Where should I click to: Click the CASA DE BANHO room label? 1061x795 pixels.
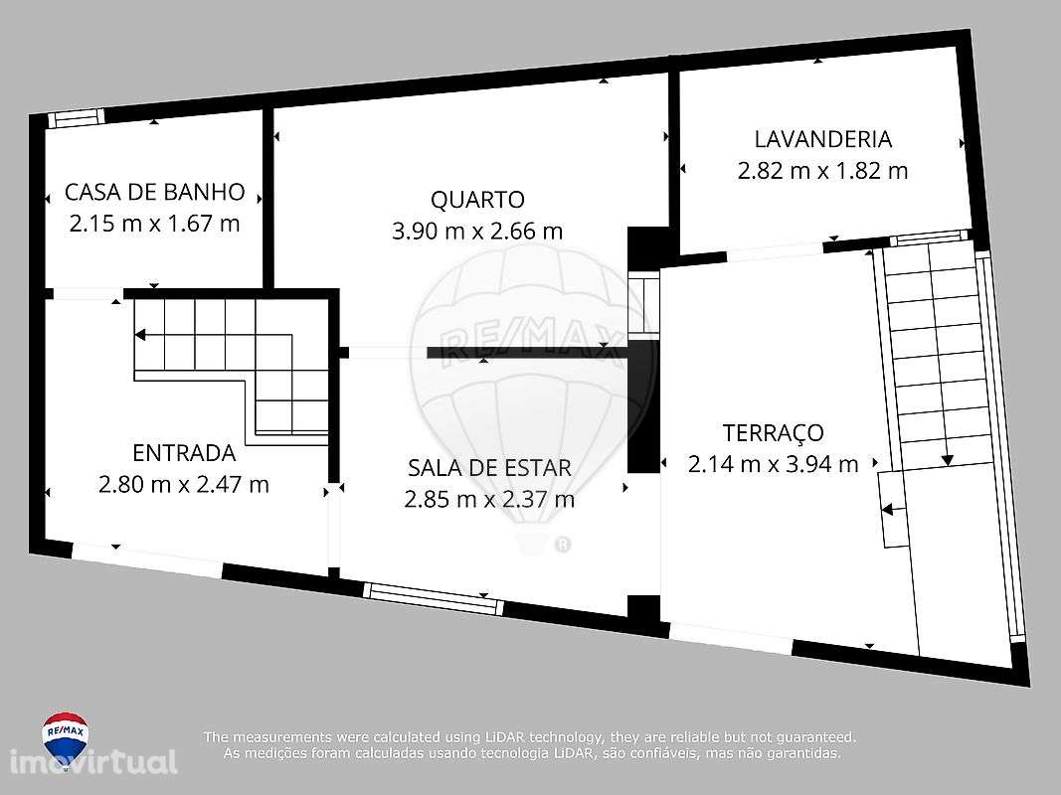[x=154, y=192]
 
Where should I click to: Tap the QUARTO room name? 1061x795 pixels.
[x=477, y=200]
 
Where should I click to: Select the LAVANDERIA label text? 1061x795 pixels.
[x=822, y=139]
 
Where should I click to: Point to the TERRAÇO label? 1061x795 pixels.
[x=773, y=433]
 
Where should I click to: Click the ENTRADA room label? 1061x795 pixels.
[x=184, y=454]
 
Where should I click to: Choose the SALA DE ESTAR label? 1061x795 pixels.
[x=489, y=468]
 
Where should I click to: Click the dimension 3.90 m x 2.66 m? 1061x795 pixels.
[x=477, y=232]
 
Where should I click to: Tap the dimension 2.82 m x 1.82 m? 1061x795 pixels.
[x=822, y=171]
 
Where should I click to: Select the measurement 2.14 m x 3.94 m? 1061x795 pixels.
[x=773, y=464]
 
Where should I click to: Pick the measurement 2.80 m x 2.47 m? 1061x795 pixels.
[x=184, y=485]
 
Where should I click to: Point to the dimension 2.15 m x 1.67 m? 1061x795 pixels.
[x=154, y=224]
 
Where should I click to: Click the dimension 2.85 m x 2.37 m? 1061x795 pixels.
[x=489, y=499]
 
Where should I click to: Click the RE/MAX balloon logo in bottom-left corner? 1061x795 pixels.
[x=65, y=736]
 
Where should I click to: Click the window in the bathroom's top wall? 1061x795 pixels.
[x=77, y=118]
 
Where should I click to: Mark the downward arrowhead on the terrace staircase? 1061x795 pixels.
[x=948, y=460]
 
